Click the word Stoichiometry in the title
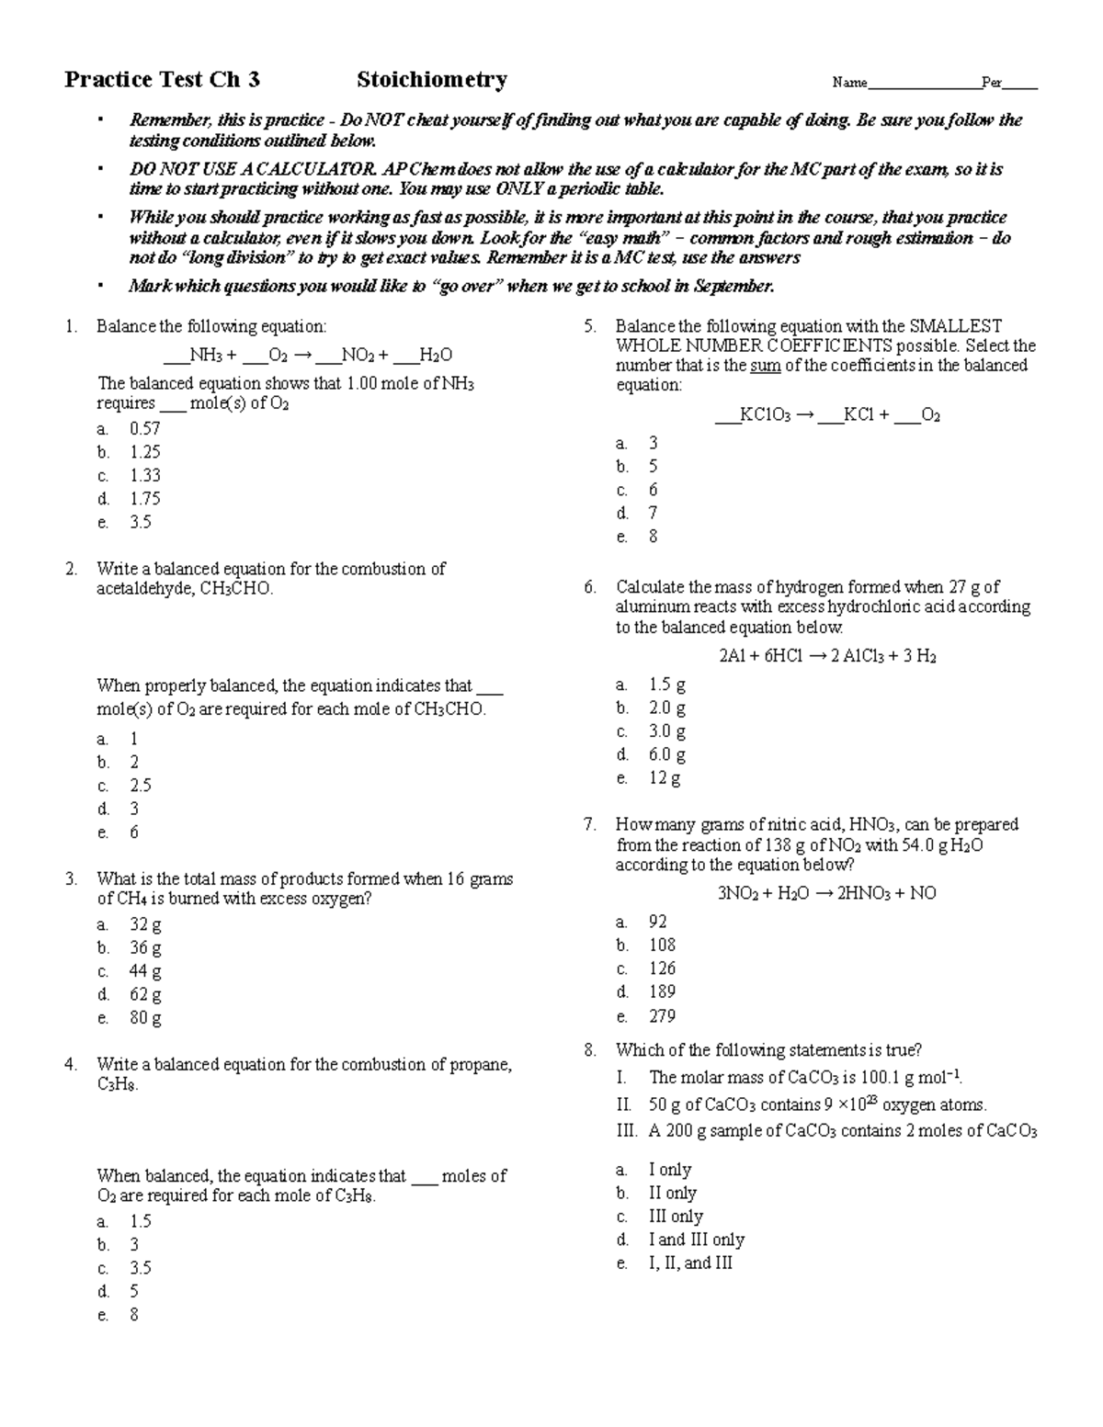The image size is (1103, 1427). tap(431, 80)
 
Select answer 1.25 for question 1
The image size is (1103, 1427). tap(145, 452)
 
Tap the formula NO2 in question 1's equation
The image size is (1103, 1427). tap(358, 356)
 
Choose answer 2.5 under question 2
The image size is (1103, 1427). tap(140, 786)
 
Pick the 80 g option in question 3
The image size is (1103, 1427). tap(145, 1018)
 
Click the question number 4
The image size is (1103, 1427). tap(71, 1065)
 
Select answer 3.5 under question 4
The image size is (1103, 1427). tap(140, 1268)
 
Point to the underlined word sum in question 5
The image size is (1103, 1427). tap(759, 366)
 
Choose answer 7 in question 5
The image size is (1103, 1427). tap(653, 514)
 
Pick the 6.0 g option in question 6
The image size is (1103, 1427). tap(666, 755)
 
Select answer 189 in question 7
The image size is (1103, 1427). tap(661, 992)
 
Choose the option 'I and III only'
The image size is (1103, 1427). tap(696, 1240)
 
